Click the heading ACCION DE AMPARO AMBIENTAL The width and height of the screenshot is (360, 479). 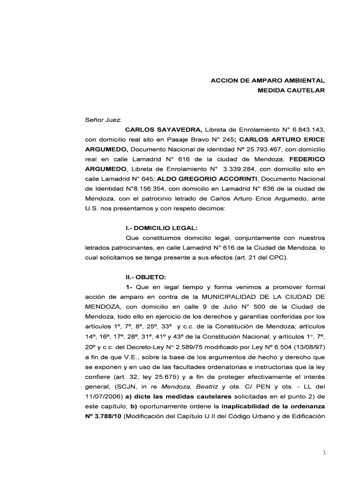coord(267,80)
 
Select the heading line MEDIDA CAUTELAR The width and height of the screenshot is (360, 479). coord(291,90)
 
